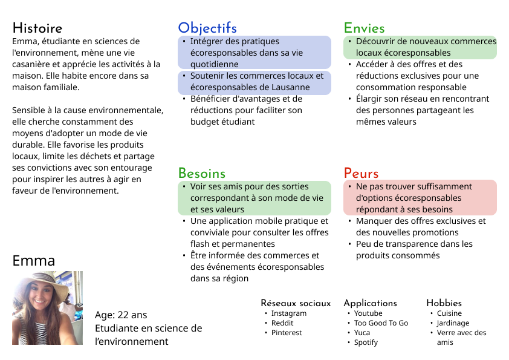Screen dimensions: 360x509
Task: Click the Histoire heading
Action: coord(37,28)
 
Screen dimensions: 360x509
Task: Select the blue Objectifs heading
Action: coord(207,28)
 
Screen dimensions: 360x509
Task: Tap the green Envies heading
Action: coord(364,28)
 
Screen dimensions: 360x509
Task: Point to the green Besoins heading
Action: coord(201,174)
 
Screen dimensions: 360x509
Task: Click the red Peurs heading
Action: coord(361,174)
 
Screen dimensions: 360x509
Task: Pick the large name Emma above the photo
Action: coord(34,261)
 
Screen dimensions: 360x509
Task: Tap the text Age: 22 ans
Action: coord(121,315)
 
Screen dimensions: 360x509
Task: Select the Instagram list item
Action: coord(288,313)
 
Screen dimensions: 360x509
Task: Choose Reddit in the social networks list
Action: coord(282,323)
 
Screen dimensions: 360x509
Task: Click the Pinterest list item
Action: coord(287,333)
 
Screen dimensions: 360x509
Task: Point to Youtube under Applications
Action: coord(368,313)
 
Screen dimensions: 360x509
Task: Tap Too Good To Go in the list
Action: coord(381,323)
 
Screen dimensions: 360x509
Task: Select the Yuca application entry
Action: coord(362,333)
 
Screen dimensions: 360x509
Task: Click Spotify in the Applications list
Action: coord(366,342)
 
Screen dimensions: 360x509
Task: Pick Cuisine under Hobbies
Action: coord(449,313)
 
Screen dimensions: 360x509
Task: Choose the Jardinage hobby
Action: coord(453,323)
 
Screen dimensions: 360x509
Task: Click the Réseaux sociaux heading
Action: coord(296,303)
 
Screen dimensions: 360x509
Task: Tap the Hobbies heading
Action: coord(444,303)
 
